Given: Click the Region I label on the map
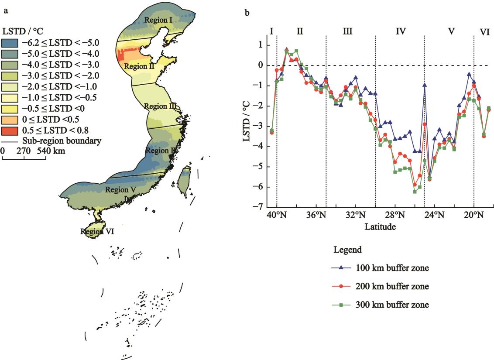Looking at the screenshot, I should coord(158,20).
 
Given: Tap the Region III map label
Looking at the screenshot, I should coord(160,106).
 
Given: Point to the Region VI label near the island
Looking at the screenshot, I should coord(97,232).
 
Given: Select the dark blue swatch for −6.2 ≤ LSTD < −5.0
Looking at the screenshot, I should coord(9,43).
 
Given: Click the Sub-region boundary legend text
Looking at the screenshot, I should coord(62,141).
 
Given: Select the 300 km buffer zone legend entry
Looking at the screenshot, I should coord(393,305).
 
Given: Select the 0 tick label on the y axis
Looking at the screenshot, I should coord(261,65).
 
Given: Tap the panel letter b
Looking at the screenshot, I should coord(247,13).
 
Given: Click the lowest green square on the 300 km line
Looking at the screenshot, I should coord(415,192).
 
